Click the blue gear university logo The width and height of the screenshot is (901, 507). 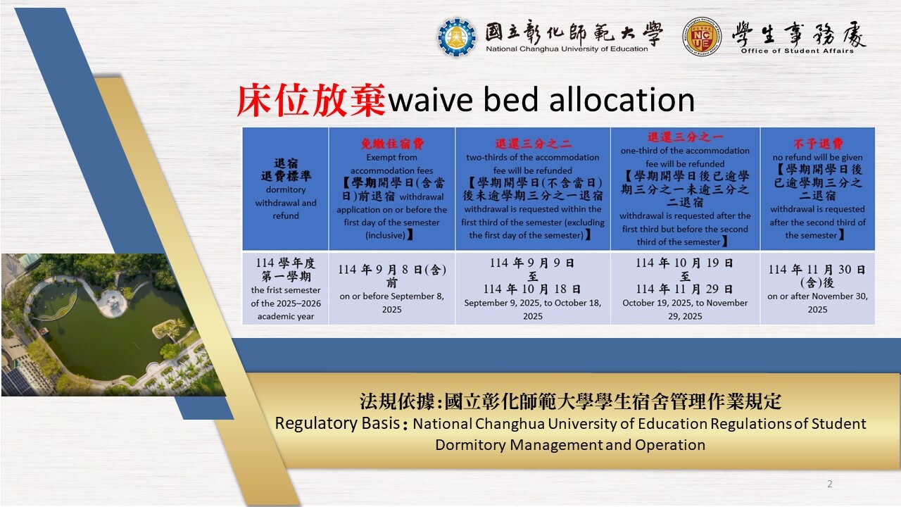457,37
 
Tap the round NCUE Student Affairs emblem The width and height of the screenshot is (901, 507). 702,37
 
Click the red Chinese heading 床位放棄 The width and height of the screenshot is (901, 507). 311,100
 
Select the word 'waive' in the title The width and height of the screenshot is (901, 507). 430,100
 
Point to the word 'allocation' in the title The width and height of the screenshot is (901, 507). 622,99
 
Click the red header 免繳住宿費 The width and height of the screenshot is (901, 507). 392,144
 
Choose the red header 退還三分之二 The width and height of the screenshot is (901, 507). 533,144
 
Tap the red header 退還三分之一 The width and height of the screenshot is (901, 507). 685,137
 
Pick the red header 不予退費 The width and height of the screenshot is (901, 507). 818,144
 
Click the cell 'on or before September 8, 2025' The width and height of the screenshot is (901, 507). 392,289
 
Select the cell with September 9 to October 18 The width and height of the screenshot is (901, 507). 533,289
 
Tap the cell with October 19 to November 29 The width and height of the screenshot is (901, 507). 685,289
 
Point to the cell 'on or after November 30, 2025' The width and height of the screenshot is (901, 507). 818,289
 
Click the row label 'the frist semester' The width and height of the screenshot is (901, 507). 286,290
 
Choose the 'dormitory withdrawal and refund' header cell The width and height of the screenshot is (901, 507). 286,189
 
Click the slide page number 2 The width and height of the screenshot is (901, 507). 829,484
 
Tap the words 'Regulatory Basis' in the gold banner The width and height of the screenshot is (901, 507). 337,423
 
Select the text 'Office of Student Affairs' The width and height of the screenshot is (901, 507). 798,51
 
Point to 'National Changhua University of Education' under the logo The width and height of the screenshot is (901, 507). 567,49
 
